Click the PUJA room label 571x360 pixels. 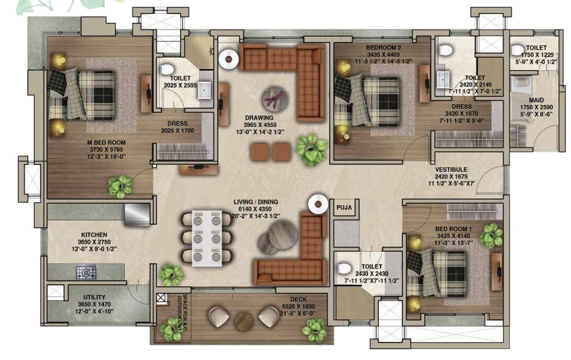(x=344, y=207)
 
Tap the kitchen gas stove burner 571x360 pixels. (x=86, y=272)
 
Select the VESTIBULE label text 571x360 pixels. (x=451, y=169)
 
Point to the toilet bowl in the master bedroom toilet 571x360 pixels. (x=167, y=69)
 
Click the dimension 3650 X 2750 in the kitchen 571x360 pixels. (x=94, y=242)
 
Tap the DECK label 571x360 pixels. (x=298, y=299)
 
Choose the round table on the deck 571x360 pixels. (x=244, y=321)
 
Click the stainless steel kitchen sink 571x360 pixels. (x=137, y=214)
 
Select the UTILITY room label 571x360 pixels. (x=94, y=297)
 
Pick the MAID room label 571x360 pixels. (x=536, y=100)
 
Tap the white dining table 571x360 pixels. (x=207, y=238)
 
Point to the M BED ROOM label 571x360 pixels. (x=107, y=142)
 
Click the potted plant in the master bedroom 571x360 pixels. (x=120, y=186)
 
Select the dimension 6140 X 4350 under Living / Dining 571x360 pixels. (x=255, y=209)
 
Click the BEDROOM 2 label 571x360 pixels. (x=384, y=48)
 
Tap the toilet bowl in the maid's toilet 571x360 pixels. (x=518, y=50)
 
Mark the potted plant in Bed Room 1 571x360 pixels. (x=491, y=236)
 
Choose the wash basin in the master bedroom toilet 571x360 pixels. (x=205, y=90)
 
